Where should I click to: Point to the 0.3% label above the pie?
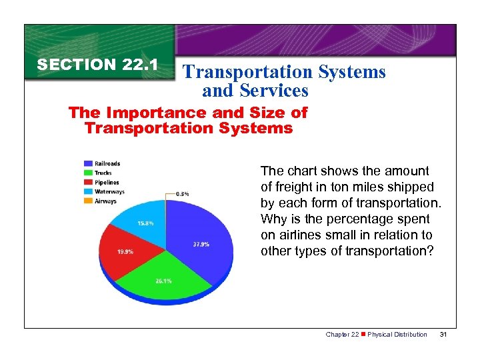182,193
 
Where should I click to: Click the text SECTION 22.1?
97,65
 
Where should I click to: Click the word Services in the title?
276,90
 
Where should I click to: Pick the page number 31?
444,334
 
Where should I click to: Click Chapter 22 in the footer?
341,334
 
